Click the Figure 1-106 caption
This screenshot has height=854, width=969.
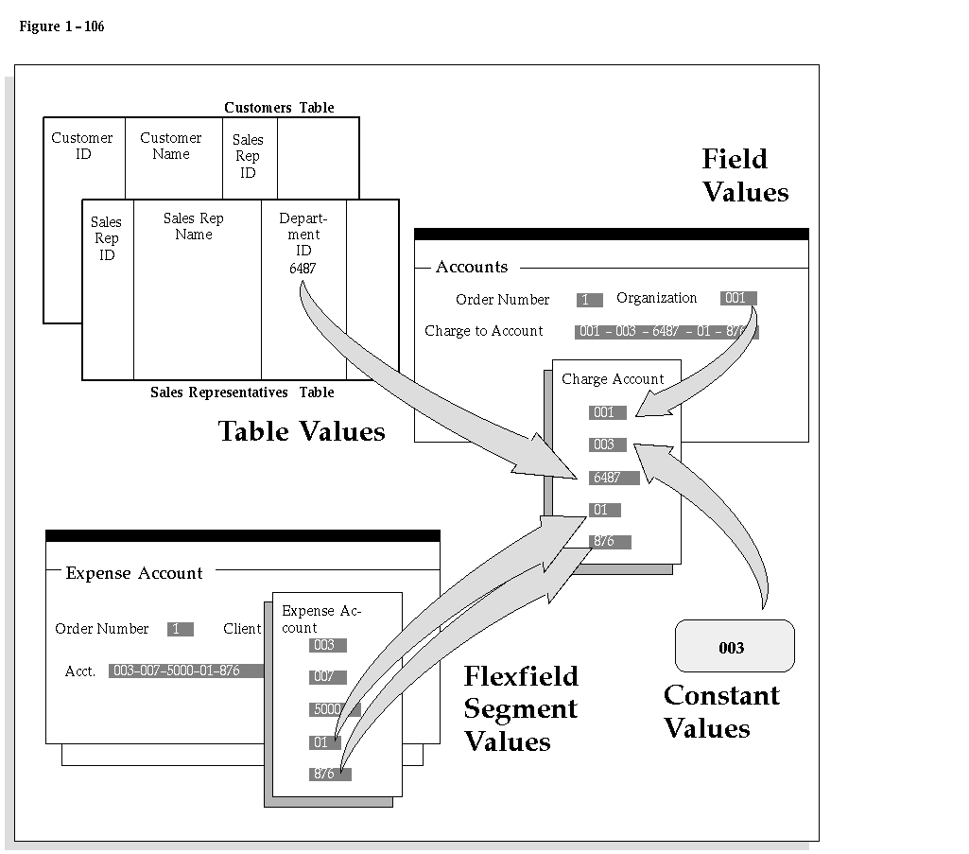61,26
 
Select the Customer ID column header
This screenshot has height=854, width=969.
82,146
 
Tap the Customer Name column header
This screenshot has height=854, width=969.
170,146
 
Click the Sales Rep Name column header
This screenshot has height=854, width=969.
194,226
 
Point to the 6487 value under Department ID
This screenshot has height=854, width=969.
303,269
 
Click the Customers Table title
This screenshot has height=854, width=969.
279,108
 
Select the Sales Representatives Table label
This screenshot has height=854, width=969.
242,392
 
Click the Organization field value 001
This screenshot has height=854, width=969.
738,298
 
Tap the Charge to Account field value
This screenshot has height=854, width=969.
666,331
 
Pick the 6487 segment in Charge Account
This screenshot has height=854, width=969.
614,478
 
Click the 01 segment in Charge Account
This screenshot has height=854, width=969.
604,510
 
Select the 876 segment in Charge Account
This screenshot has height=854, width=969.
610,542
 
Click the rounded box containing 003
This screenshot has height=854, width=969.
735,646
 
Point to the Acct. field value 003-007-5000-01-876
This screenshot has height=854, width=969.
186,671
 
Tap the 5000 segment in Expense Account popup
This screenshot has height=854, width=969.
335,709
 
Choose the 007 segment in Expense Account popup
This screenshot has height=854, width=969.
327,677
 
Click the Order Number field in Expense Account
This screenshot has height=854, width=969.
180,629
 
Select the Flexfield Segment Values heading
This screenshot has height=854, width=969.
521,708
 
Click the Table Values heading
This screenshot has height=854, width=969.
302,431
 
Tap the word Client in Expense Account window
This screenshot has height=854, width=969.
242,628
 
